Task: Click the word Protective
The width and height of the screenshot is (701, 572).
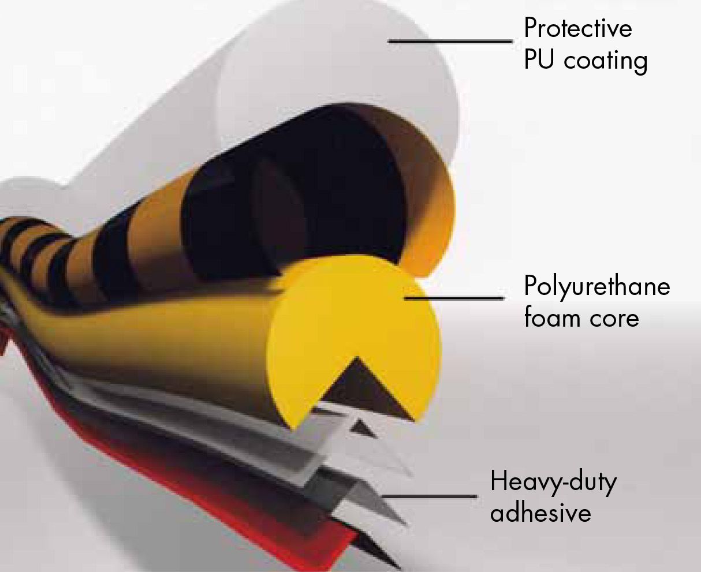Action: [578, 28]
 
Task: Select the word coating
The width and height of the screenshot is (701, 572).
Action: [606, 62]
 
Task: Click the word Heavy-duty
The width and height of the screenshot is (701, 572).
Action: [553, 483]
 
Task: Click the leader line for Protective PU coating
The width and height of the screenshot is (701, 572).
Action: [451, 42]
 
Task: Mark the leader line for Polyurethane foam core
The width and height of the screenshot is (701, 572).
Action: [454, 298]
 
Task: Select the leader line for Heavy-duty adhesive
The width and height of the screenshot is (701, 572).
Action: [429, 496]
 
